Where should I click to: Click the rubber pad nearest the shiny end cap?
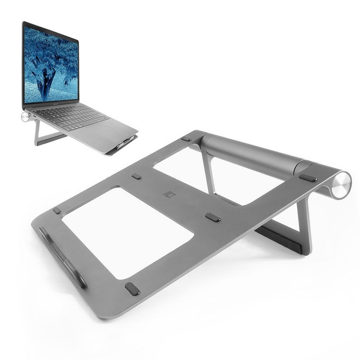click(308, 177)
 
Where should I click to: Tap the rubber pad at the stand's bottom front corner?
click(132, 289)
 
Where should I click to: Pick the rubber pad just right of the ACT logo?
click(213, 217)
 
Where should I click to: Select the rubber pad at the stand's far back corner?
click(186, 139)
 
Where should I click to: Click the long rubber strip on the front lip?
click(63, 256)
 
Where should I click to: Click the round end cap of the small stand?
click(25, 117)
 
